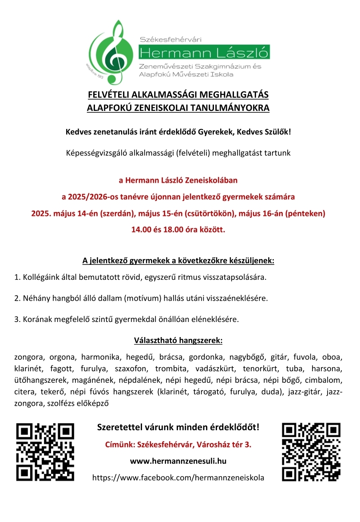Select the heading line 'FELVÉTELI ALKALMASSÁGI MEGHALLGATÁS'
(x=178, y=95)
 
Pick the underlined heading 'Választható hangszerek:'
(x=178, y=341)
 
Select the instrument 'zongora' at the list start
(x=29, y=357)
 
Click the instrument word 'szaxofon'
(x=132, y=369)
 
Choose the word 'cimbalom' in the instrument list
(x=327, y=380)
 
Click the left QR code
(x=45, y=452)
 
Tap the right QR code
(x=311, y=452)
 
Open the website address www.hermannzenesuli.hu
(x=178, y=461)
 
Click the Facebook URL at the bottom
(x=178, y=478)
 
